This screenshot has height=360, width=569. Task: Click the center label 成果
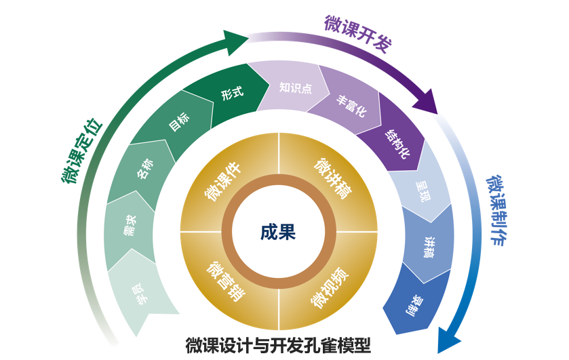click(x=278, y=232)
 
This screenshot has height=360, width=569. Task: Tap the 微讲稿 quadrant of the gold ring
click(x=332, y=179)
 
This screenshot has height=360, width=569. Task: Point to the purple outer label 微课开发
click(x=357, y=33)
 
